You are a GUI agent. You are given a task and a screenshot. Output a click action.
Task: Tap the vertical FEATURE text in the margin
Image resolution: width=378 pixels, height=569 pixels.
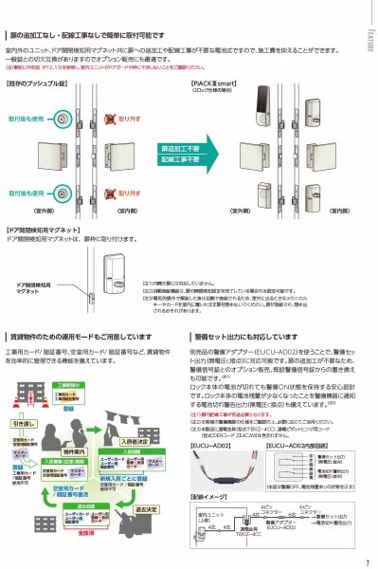point(369,40)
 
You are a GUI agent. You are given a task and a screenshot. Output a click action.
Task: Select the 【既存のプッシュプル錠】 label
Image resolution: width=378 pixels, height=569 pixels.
point(39,83)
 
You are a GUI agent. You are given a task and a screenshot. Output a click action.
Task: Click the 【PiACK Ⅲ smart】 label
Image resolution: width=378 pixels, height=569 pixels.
point(207,83)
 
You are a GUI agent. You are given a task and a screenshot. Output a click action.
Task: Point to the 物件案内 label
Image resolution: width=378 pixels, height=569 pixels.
point(75,424)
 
